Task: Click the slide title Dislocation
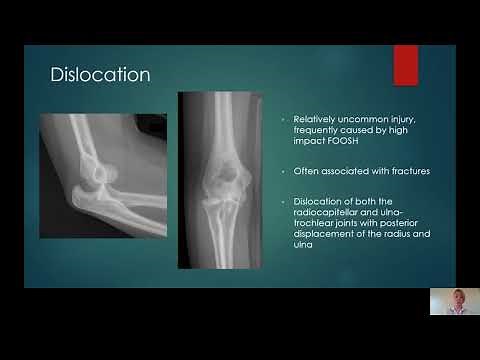[x=100, y=75]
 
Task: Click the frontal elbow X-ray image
[x=217, y=180]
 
